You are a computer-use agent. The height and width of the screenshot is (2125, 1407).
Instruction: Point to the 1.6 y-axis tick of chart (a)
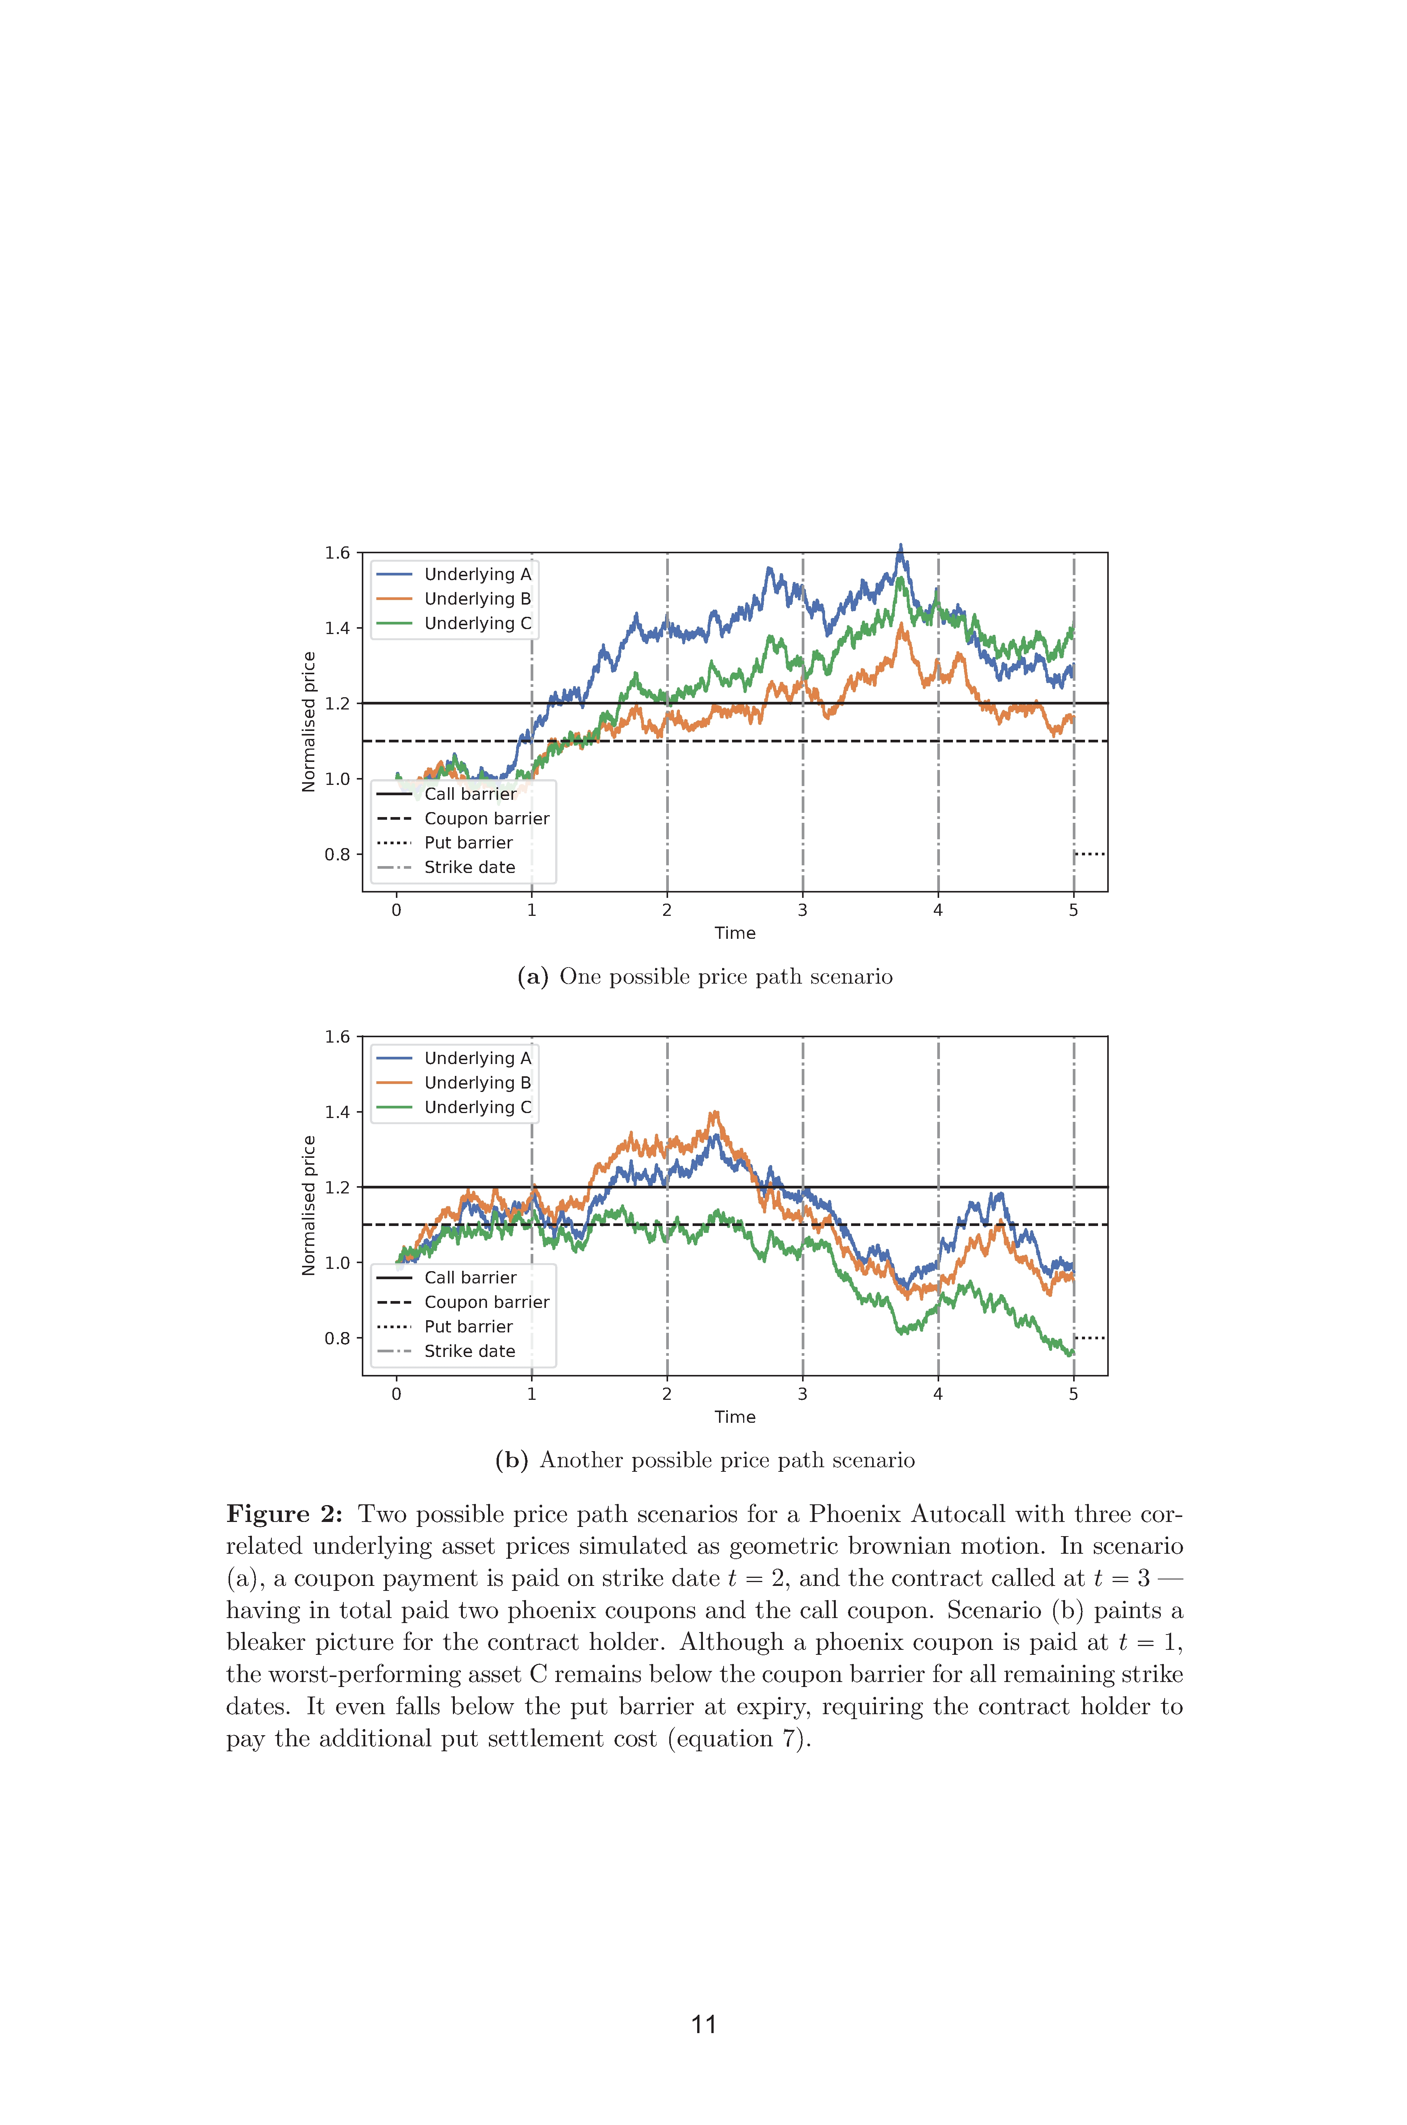(x=337, y=553)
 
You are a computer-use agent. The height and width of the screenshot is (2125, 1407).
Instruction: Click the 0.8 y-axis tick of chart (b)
(x=337, y=1338)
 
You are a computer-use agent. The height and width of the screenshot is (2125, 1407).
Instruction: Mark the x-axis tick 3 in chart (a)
(x=802, y=910)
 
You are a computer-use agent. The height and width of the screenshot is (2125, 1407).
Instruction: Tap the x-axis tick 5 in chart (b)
(x=1073, y=1394)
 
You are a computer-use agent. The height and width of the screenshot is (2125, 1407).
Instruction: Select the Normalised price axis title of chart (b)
(x=309, y=1205)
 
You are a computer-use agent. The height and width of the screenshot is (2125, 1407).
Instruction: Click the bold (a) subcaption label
(x=533, y=976)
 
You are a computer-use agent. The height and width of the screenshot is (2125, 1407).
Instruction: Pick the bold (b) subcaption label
(x=511, y=1460)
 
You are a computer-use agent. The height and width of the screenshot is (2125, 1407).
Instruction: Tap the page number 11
(x=704, y=2025)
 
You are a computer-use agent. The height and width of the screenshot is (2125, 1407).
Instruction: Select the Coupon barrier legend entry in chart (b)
(x=463, y=1302)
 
